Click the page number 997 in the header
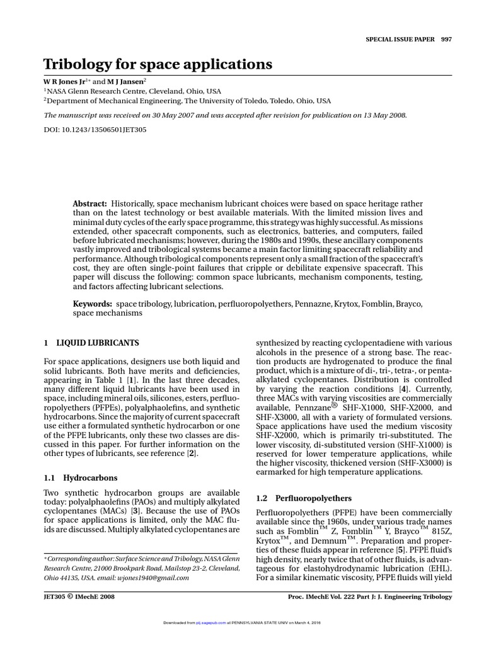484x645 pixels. (x=446, y=38)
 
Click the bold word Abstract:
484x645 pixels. (x=89, y=205)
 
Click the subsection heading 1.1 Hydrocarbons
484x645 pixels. (x=79, y=478)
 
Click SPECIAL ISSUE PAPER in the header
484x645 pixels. (x=394, y=38)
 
